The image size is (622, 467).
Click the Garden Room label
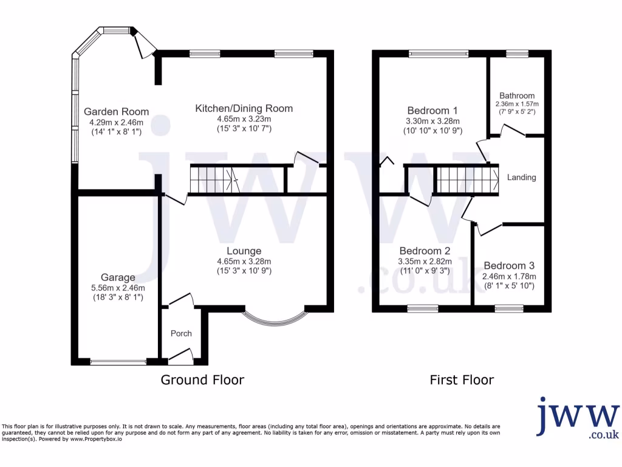[116, 111]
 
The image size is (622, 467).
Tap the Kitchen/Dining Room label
[244, 108]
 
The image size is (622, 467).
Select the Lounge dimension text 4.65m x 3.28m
[244, 261]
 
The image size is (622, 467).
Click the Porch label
[181, 333]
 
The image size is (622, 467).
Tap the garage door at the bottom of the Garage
[118, 362]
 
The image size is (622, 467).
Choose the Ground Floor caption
[202, 380]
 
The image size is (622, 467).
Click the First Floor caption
[462, 380]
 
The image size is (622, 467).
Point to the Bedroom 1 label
[432, 111]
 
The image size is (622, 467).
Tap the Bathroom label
[517, 95]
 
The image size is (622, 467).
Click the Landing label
[522, 178]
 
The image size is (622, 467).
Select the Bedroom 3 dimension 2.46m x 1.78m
[509, 276]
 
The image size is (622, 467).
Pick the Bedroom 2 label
[425, 251]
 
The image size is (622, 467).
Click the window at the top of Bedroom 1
[439, 54]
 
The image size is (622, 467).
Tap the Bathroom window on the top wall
[518, 54]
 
